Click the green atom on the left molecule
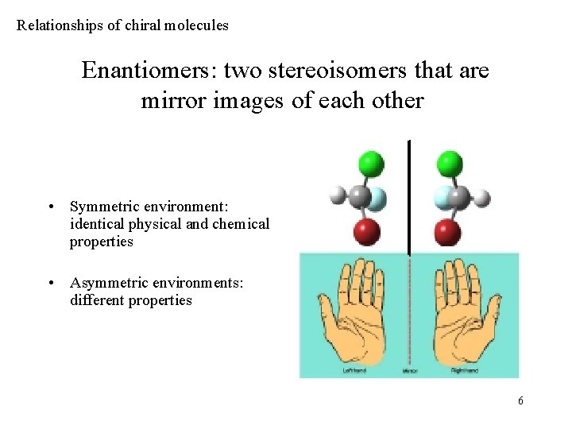pos(370,164)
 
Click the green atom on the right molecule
pos(449,164)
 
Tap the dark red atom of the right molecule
pos(448,232)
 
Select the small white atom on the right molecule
pos(481,196)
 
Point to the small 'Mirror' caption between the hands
pos(410,370)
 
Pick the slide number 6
pos(520,400)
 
